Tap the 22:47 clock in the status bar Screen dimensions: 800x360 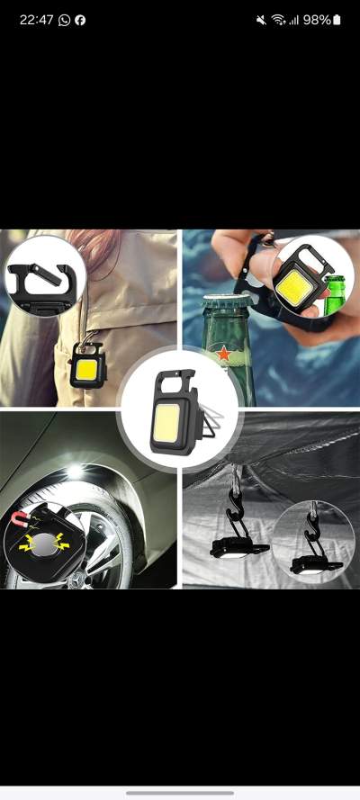coord(37,20)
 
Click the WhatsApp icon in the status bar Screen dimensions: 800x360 coord(64,20)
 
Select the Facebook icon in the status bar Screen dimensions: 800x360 coord(80,20)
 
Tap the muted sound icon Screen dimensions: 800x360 coord(261,20)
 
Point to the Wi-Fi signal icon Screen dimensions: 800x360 coord(278,20)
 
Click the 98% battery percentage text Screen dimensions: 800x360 coord(316,20)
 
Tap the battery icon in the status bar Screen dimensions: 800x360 coord(337,20)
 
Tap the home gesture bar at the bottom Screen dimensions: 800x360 coord(180,792)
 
